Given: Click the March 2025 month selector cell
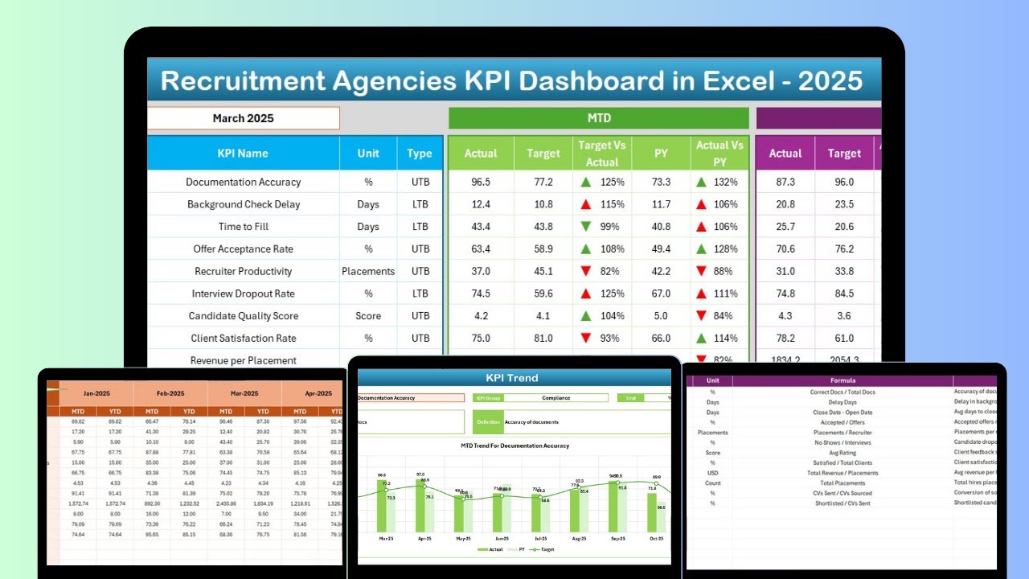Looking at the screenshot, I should (x=243, y=118).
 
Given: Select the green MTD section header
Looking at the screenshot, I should (x=598, y=118).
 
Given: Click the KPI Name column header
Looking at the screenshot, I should (x=243, y=153).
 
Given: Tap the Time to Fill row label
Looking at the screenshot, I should (x=243, y=227).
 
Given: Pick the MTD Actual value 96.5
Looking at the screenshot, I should (x=481, y=182).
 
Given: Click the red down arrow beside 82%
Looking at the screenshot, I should (x=586, y=271).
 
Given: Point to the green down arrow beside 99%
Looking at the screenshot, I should (x=586, y=227).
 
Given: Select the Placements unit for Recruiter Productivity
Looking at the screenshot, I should (x=368, y=271).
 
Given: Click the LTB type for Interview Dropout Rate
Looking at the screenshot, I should (x=420, y=294).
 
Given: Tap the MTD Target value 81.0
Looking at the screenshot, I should (x=543, y=339).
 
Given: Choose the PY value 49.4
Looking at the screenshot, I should (x=661, y=249).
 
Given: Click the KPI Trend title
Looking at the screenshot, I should (x=512, y=378).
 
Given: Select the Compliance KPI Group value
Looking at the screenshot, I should (x=555, y=397).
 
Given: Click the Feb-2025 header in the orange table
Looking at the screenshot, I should (x=170, y=394).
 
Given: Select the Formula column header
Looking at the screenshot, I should (x=843, y=380).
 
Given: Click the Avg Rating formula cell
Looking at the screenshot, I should (x=843, y=453).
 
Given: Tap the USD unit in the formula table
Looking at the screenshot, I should (x=712, y=473).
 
